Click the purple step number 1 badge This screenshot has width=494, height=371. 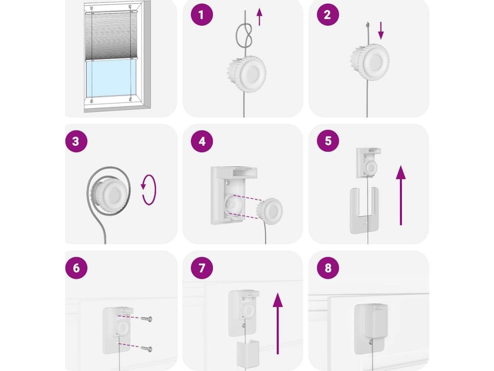[x=202, y=15]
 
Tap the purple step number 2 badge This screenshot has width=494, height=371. [x=328, y=15]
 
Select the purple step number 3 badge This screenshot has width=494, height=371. [x=76, y=141]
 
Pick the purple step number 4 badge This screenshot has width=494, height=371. [x=202, y=141]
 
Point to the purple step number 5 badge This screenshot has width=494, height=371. [x=328, y=141]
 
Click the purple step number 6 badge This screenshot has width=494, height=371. [x=76, y=268]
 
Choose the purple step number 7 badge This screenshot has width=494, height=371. [x=202, y=268]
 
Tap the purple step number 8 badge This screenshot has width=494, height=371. [x=328, y=268]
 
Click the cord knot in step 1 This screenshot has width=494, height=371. [x=245, y=34]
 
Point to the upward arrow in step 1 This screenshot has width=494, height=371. [x=259, y=17]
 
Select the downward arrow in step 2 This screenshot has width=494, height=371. [x=381, y=30]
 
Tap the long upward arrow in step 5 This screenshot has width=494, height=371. [x=401, y=195]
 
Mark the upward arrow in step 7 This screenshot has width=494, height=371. [x=277, y=323]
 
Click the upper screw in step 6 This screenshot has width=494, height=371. [x=147, y=319]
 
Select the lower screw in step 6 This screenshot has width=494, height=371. [x=147, y=349]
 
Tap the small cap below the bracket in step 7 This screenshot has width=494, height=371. [x=248, y=354]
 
